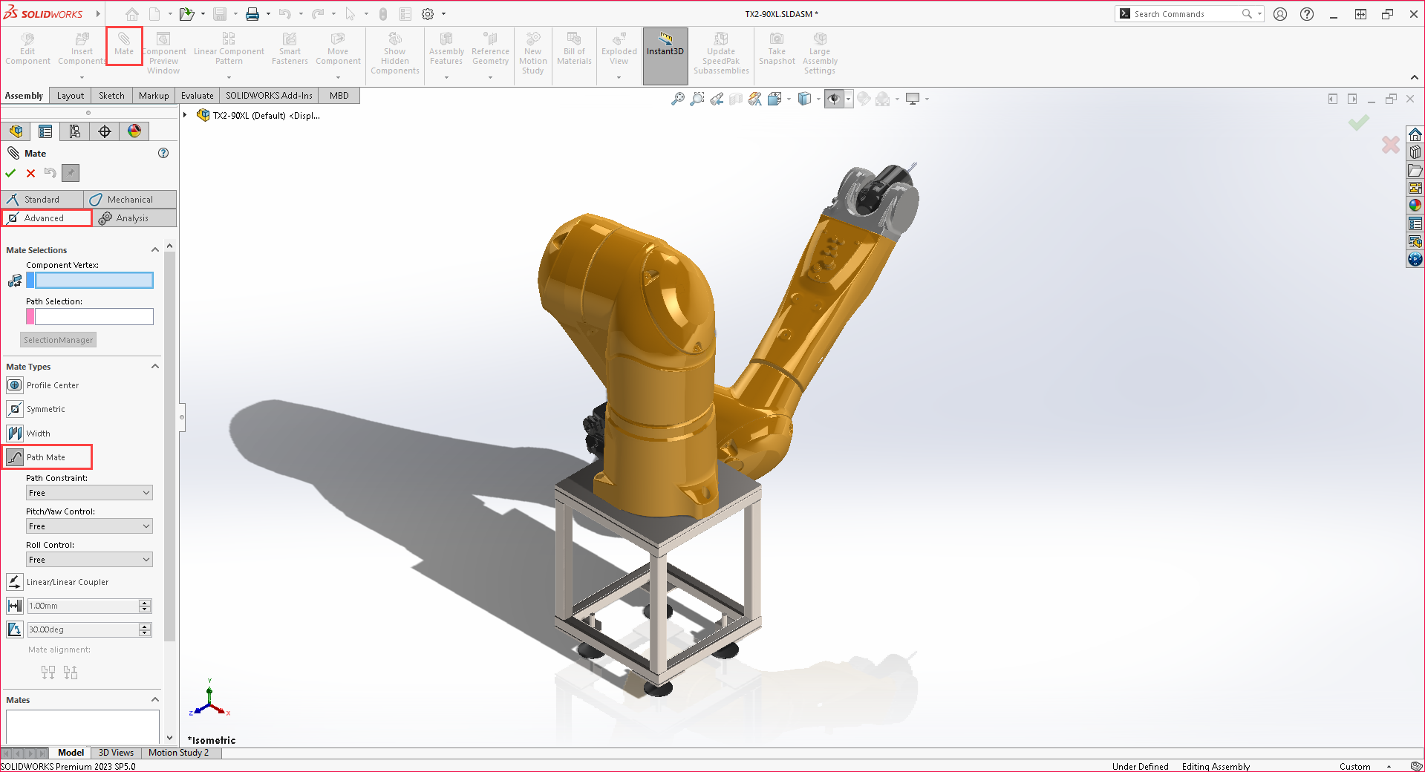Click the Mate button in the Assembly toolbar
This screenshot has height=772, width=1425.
124,45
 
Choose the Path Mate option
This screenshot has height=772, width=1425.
45,457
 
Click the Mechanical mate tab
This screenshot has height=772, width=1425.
129,200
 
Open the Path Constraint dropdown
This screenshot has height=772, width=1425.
89,493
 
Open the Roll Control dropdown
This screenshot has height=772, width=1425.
89,560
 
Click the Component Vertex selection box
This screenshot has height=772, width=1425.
94,281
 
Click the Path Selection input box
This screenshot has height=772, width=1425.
94,317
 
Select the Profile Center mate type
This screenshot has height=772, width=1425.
52,385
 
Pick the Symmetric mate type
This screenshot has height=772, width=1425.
45,409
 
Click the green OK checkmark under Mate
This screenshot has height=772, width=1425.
10,173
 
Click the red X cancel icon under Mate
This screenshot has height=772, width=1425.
30,173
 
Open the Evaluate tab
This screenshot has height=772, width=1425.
197,96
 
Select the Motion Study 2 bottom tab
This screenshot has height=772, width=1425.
178,753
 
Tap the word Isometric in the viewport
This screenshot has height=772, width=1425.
214,740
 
